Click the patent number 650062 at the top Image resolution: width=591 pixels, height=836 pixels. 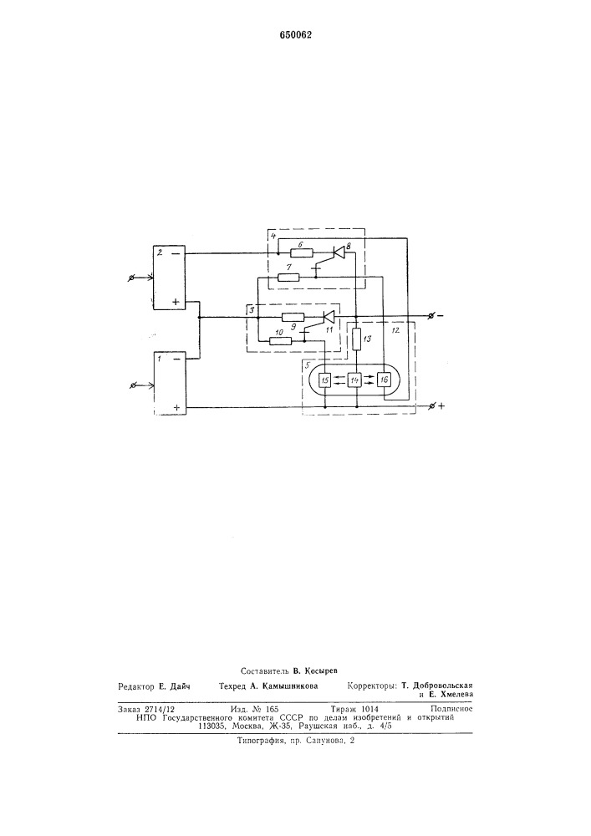296,35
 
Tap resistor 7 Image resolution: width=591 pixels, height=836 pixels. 289,277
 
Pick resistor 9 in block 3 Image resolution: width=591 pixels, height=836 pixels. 293,317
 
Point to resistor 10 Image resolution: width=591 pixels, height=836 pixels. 280,341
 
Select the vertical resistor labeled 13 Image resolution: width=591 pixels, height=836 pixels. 356,339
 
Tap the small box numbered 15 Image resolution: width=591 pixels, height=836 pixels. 324,380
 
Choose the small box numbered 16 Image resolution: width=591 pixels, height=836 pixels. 384,380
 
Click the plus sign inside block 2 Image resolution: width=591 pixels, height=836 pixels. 176,303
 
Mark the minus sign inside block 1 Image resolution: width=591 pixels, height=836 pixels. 176,359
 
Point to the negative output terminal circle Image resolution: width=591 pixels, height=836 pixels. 431,316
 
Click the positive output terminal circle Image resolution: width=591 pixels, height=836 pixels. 432,406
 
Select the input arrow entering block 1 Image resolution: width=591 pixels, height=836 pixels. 142,385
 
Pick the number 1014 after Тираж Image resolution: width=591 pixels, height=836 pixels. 369,709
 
